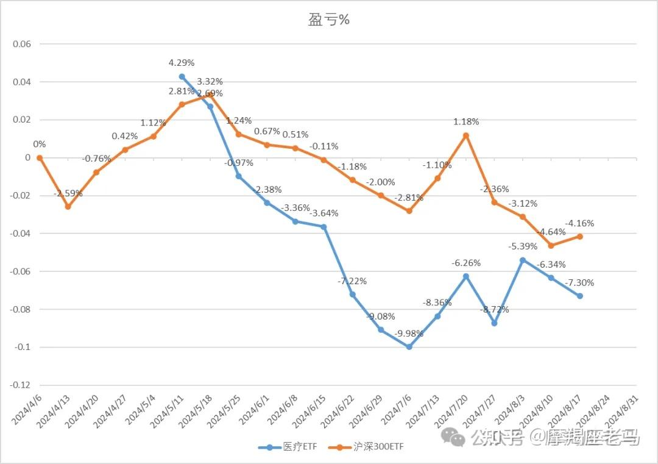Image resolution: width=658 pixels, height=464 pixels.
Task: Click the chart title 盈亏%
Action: [x=328, y=20]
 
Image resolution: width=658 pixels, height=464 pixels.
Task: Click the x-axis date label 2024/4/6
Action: [x=27, y=409]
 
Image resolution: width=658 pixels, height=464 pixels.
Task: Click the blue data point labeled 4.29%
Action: [x=182, y=77]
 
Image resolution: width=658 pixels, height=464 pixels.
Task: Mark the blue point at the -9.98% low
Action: [x=409, y=347]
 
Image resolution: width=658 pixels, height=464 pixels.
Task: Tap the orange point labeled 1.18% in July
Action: [x=466, y=135]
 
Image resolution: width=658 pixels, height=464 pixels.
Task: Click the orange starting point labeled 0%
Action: [x=40, y=158]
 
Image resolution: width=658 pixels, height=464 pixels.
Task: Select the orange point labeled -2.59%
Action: [x=68, y=207]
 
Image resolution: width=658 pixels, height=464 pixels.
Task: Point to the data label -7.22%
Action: [x=352, y=281]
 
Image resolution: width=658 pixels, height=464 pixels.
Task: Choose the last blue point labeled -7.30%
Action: [x=579, y=296]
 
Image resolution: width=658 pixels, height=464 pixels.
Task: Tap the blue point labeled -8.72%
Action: [x=494, y=323]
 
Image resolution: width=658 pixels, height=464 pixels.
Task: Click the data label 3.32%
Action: [x=210, y=81]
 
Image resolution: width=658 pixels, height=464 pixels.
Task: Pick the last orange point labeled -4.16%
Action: [x=579, y=237]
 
